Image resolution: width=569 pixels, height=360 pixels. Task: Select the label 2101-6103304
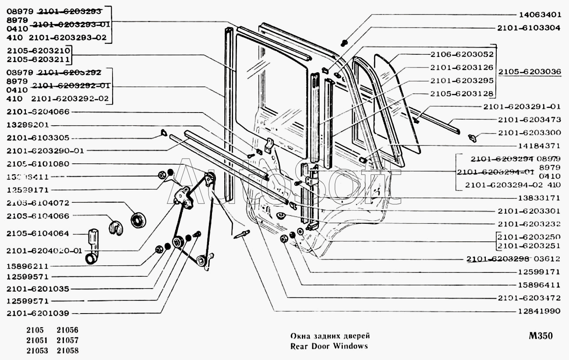(x=528, y=27)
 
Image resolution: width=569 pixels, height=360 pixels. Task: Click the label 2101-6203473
(x=529, y=120)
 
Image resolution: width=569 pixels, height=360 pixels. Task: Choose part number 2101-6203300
(x=529, y=133)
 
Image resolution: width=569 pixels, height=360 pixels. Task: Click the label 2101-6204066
(x=38, y=112)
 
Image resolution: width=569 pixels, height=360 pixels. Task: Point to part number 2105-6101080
(x=38, y=164)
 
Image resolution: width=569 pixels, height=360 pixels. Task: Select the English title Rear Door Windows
(x=329, y=346)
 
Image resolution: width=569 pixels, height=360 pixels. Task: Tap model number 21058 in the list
(x=67, y=350)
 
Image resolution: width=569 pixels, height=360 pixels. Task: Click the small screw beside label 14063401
(x=344, y=43)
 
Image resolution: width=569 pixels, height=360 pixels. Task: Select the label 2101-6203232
(x=529, y=224)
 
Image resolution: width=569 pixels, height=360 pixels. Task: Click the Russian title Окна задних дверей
(x=330, y=336)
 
